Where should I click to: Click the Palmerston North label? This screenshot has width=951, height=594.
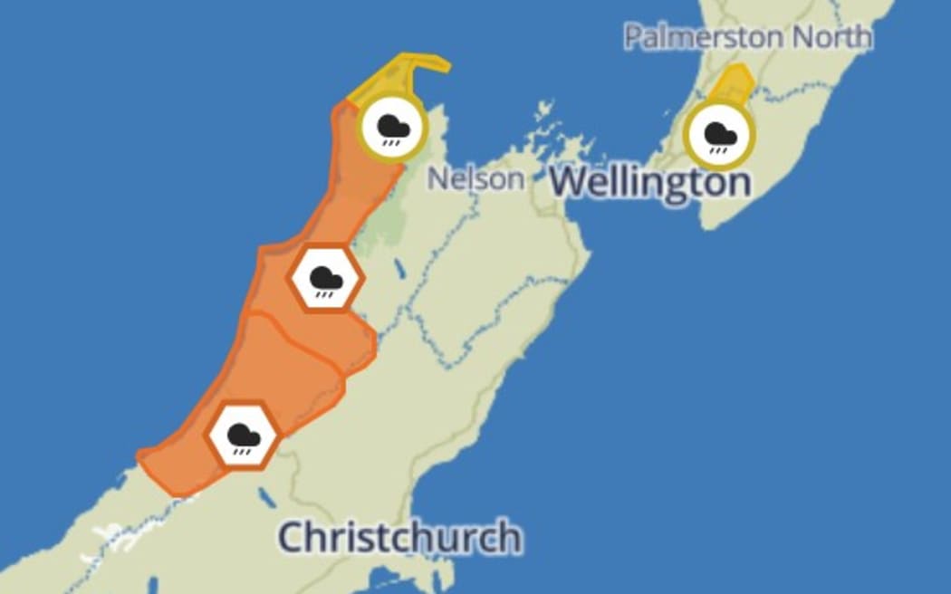tap(748, 37)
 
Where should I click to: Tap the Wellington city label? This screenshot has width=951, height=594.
tap(650, 181)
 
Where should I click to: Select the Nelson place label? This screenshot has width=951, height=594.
tap(475, 178)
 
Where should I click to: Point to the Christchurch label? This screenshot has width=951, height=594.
tap(399, 537)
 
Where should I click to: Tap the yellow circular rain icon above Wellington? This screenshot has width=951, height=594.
tap(720, 136)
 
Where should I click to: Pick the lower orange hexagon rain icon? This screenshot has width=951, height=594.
tap(243, 436)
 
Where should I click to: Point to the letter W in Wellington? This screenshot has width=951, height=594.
tap(569, 181)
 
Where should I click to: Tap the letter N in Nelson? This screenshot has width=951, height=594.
tap(437, 178)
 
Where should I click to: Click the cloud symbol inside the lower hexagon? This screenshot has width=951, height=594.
tap(243, 435)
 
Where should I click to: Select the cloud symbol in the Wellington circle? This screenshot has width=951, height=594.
tap(720, 134)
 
